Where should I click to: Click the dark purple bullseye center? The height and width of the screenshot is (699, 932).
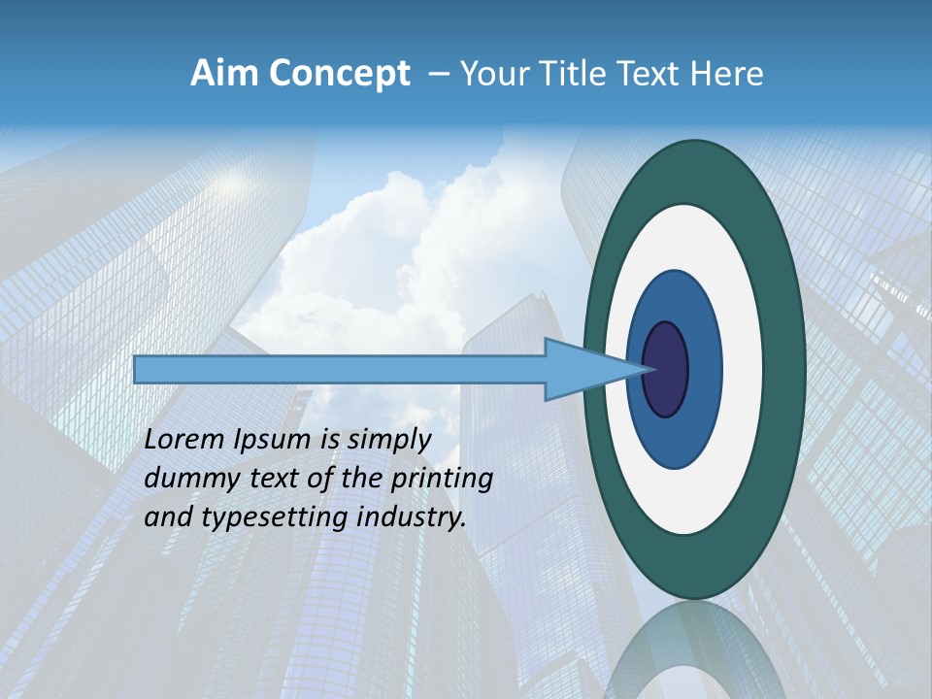click(x=665, y=369)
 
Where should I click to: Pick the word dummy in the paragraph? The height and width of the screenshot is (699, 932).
click(x=187, y=479)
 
